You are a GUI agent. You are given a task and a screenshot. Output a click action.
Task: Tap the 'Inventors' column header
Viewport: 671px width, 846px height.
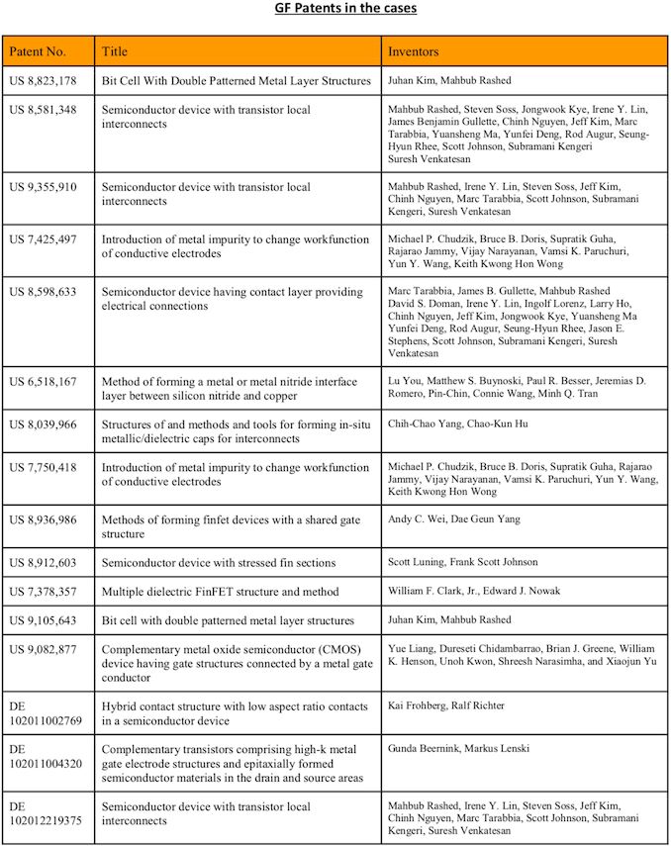(414, 49)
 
